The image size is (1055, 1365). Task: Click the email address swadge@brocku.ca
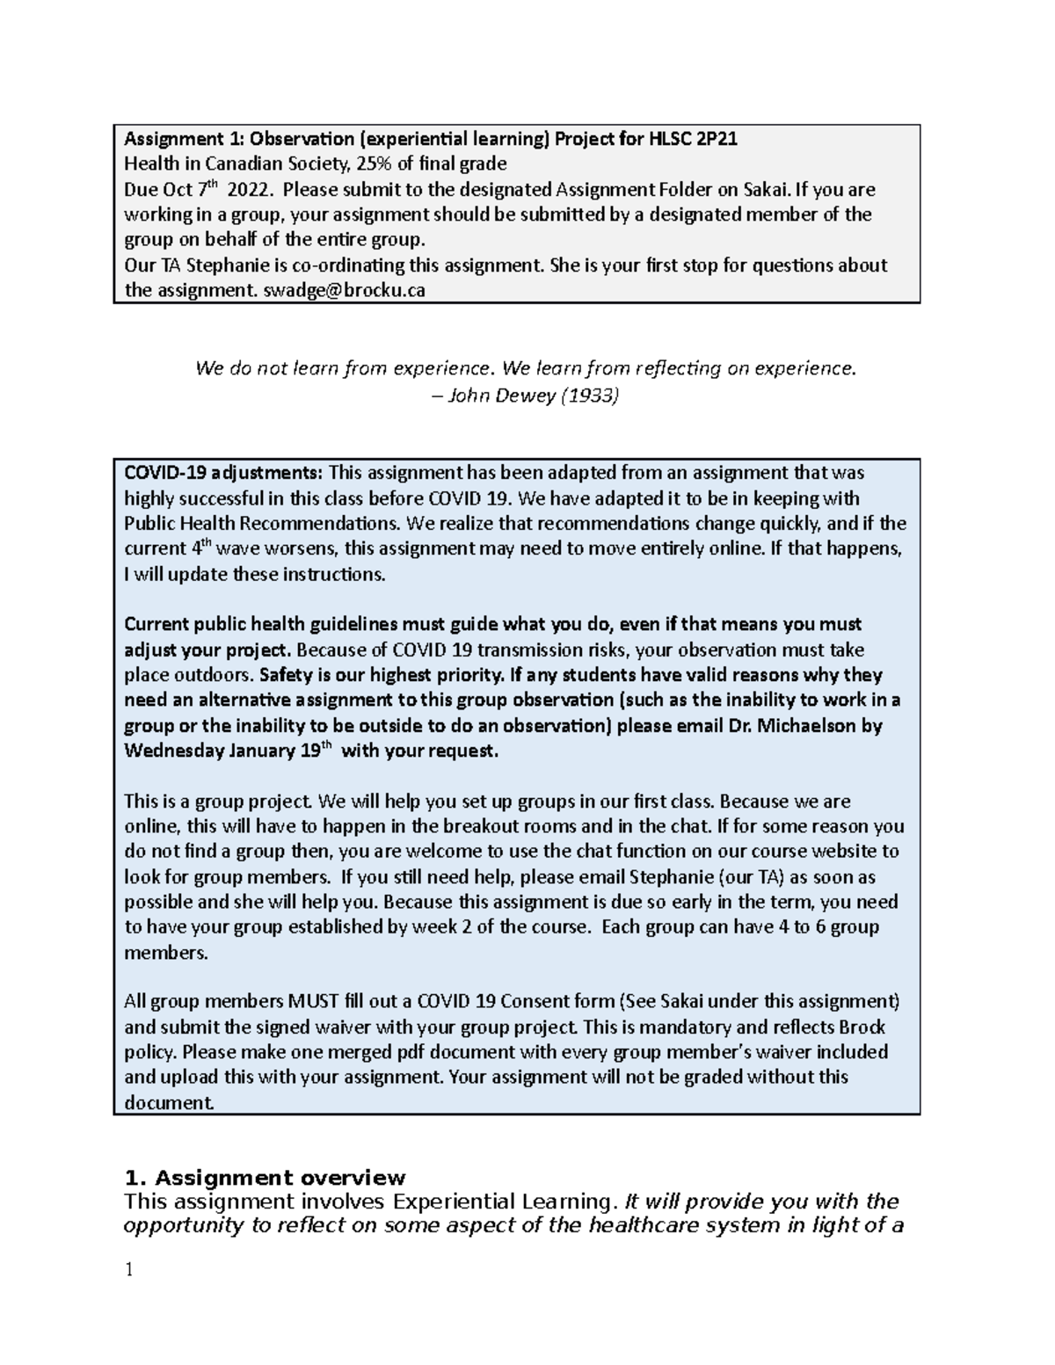coord(345,291)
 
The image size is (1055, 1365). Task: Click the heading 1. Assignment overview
coord(265,1178)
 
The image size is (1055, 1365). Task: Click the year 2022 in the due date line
coord(252,190)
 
